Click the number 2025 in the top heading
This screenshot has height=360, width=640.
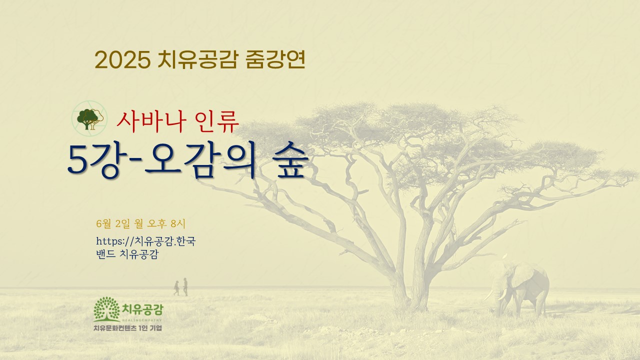tap(123, 60)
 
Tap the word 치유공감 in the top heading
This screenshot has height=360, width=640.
tap(197, 59)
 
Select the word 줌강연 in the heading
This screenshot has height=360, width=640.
tap(275, 59)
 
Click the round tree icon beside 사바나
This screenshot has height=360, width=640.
tap(89, 118)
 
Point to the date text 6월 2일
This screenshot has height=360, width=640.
tap(113, 223)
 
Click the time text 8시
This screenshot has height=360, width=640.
tap(177, 223)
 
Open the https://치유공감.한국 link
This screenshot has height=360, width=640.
tap(145, 241)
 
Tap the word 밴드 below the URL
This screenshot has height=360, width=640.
tap(105, 254)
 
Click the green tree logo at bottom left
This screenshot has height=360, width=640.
tap(106, 309)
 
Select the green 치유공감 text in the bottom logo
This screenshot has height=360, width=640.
tap(142, 309)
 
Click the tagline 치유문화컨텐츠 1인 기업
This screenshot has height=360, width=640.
tap(127, 328)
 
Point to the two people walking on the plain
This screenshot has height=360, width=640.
tap(181, 287)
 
